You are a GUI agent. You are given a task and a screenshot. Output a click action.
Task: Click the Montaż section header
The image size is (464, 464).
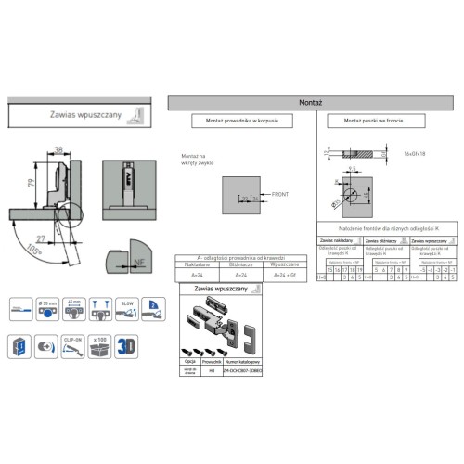tap(311, 102)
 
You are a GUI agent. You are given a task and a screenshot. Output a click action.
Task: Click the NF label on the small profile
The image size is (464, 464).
tap(137, 263)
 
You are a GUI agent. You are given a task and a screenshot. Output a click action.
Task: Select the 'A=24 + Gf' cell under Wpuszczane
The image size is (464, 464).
tap(280, 275)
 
